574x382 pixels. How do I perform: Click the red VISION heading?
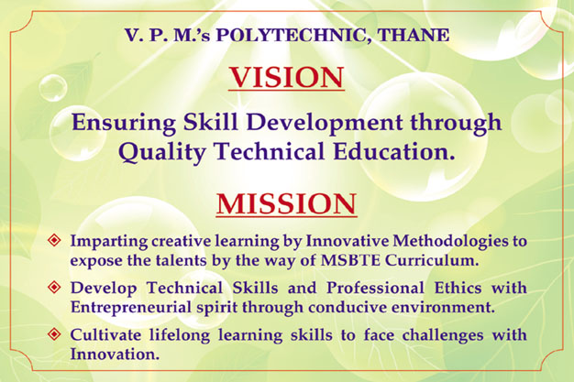[287, 77]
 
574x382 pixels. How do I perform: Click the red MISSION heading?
[287, 203]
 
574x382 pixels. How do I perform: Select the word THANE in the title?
[413, 35]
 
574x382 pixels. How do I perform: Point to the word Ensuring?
[124, 123]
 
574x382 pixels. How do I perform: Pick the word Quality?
[161, 152]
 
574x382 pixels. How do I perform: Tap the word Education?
[394, 151]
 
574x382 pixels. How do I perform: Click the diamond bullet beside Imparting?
[54, 240]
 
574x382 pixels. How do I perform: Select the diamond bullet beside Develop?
[54, 287]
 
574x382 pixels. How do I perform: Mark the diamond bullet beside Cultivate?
[54, 334]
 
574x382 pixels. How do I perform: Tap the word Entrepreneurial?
[131, 308]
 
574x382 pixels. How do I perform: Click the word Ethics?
[458, 288]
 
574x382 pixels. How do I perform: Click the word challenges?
[443, 335]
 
